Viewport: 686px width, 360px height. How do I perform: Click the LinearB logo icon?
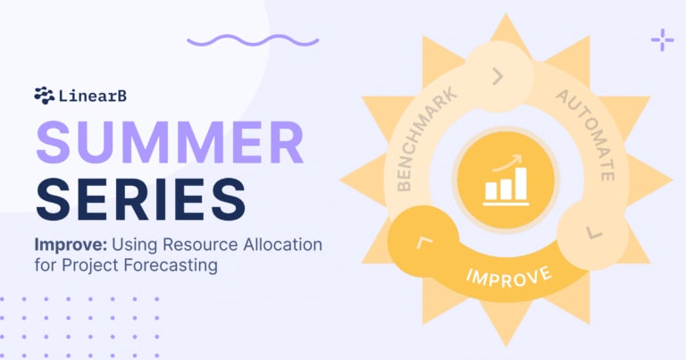tap(44, 96)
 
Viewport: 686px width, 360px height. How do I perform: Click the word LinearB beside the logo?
tap(93, 96)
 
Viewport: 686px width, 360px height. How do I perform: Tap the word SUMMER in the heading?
tap(170, 142)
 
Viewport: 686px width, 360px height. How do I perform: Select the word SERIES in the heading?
tap(140, 199)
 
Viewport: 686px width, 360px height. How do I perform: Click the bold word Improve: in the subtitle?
tap(71, 245)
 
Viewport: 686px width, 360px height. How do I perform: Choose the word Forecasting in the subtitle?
tap(171, 265)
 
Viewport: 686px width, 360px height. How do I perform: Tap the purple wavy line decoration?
tap(253, 41)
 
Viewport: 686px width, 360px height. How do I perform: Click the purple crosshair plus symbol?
tap(663, 40)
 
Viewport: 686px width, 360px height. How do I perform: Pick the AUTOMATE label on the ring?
tap(588, 134)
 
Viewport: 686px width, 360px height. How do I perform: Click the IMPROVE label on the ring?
tap(509, 277)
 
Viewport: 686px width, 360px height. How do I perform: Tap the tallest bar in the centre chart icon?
tap(521, 184)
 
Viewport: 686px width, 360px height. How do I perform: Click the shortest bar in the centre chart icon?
tap(491, 190)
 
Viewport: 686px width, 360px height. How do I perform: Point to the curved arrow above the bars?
tap(507, 163)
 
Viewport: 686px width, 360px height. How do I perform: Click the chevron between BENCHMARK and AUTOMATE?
tap(498, 76)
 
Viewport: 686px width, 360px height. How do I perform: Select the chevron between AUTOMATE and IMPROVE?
tap(594, 233)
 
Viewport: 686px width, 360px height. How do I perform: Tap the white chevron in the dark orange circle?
tap(424, 242)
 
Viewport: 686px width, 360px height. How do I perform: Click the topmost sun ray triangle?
tap(506, 29)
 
